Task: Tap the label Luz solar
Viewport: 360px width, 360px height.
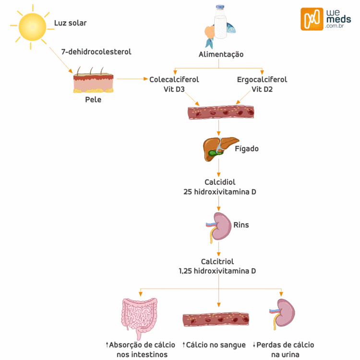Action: click(x=71, y=23)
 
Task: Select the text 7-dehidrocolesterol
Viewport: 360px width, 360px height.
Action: click(x=96, y=51)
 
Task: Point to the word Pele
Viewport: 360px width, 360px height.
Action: click(x=93, y=100)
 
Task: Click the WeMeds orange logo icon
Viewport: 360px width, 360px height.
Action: click(x=312, y=19)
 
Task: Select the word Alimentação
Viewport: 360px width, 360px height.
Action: click(x=221, y=54)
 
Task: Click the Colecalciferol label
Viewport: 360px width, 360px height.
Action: click(x=174, y=80)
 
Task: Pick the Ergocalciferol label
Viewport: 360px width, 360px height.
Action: click(x=262, y=80)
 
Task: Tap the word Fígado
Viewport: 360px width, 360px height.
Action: click(x=247, y=149)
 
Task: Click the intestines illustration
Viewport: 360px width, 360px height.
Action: click(x=140, y=317)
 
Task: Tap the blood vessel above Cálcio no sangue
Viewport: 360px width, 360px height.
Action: click(x=216, y=320)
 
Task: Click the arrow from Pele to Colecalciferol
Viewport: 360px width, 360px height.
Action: click(x=132, y=79)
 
